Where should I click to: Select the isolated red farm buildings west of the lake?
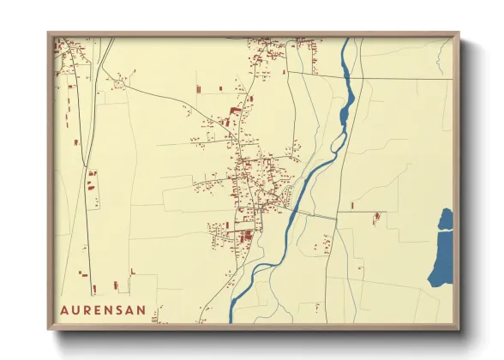coord(375,219)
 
